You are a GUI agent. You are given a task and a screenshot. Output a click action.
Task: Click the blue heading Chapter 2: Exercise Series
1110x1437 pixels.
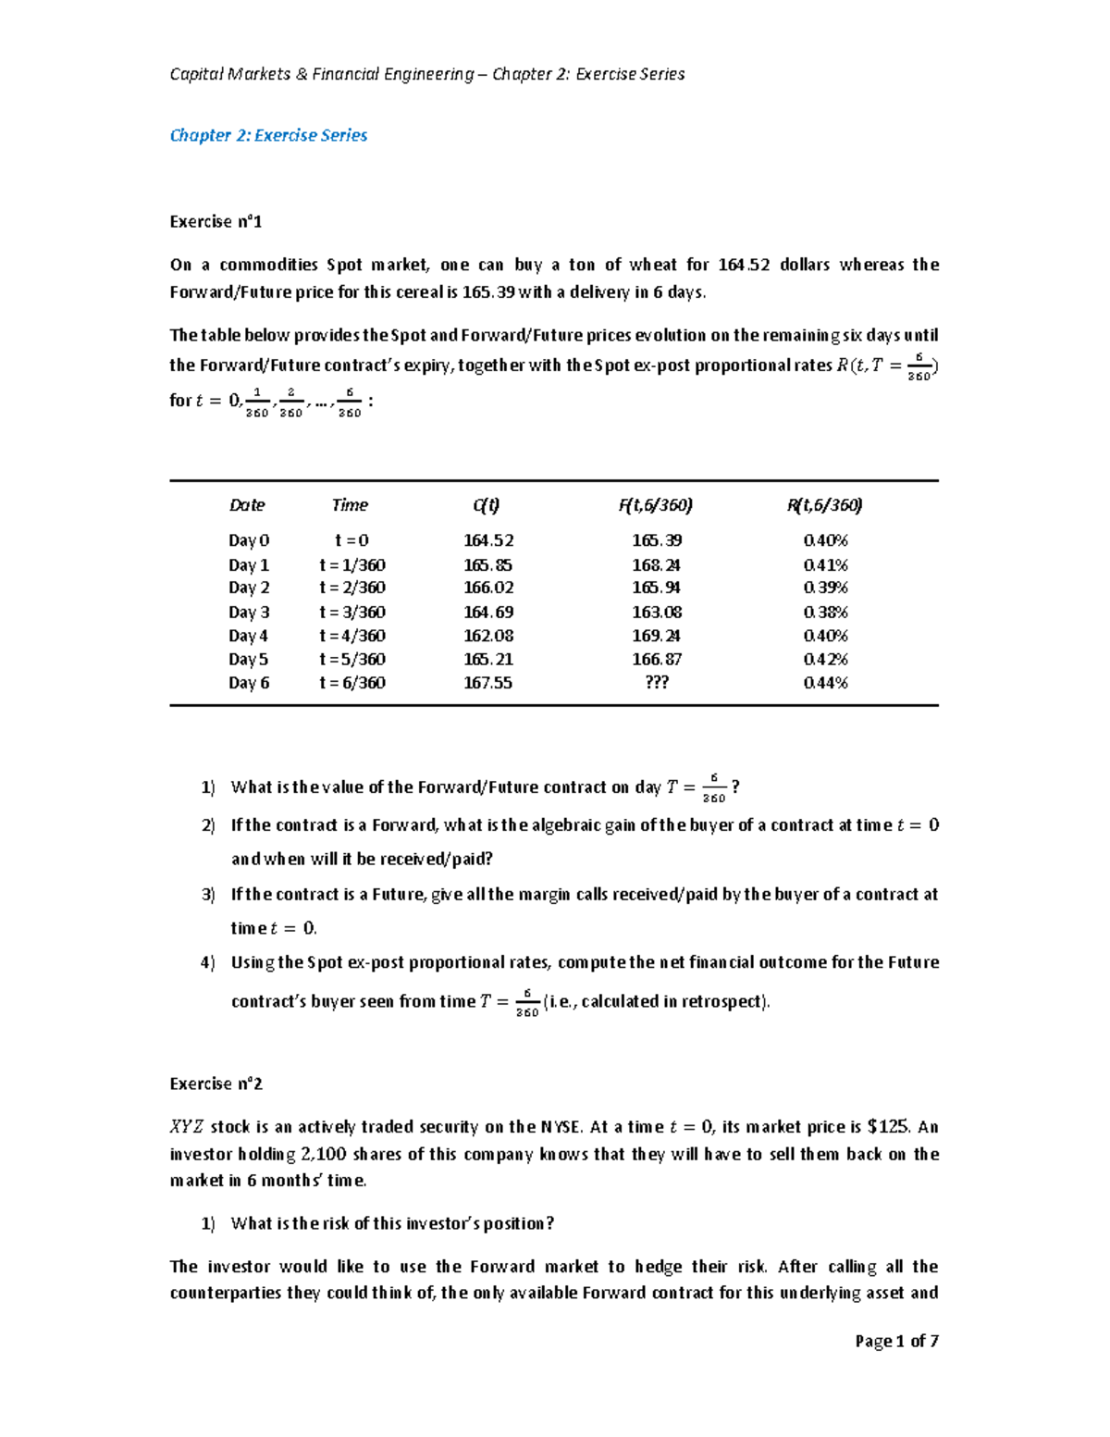268,135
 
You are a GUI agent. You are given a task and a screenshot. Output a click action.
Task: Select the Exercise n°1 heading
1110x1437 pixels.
216,221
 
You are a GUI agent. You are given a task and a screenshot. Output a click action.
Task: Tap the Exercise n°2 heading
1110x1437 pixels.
216,1084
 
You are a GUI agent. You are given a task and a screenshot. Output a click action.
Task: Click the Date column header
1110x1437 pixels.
247,505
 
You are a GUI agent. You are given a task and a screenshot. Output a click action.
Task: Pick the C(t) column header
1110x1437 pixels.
487,505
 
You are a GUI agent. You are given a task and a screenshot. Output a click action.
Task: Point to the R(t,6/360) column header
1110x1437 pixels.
824,505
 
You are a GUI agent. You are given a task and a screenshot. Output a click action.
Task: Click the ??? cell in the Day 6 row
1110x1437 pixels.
656,683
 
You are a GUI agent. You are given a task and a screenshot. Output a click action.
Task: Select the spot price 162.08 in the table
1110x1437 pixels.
487,636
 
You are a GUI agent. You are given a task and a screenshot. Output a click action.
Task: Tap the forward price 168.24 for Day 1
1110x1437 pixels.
656,565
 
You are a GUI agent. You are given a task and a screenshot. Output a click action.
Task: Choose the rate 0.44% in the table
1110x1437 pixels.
825,683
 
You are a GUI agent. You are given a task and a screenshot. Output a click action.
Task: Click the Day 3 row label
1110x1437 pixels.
249,613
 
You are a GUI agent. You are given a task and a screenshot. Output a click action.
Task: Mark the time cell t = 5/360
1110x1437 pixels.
351,660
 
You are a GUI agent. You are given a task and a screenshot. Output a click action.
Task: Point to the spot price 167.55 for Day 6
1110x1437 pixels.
487,683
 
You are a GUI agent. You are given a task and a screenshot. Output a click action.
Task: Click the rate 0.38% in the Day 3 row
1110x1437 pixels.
825,613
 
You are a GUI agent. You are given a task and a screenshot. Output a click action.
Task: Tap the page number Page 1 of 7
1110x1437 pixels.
896,1341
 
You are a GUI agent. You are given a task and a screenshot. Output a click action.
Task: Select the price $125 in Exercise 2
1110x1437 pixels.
888,1127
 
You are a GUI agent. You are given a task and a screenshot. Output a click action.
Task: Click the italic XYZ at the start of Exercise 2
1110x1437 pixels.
186,1127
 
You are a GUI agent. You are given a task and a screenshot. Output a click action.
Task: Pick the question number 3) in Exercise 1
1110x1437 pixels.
208,895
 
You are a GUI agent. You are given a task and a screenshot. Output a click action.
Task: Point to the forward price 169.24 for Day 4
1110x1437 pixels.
656,636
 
